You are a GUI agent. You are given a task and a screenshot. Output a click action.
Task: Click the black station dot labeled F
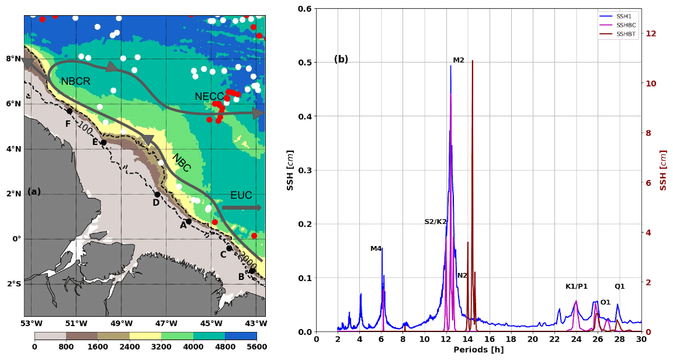(70, 111)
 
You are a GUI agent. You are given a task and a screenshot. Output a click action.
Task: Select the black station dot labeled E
(103, 143)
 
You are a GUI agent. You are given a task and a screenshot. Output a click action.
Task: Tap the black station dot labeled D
(157, 195)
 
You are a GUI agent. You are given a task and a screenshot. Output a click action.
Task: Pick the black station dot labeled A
(189, 221)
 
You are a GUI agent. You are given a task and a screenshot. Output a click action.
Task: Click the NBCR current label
(75, 82)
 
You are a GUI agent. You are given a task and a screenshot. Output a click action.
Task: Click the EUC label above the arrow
(241, 195)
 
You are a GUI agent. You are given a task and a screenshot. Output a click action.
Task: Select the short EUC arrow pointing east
(241, 207)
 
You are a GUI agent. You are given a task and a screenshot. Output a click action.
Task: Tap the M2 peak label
(459, 60)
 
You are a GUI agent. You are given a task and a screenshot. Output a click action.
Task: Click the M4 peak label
(376, 248)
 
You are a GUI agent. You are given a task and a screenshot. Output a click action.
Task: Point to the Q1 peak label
(620, 286)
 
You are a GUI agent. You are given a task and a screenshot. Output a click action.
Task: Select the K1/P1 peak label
(577, 286)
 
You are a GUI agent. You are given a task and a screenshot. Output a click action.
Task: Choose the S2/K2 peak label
(436, 221)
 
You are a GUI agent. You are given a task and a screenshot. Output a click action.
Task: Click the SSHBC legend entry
(626, 25)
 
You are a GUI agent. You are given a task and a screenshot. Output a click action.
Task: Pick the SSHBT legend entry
(626, 34)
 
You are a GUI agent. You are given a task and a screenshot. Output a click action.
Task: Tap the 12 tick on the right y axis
(651, 33)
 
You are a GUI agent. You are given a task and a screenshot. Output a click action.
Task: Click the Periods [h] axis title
(478, 350)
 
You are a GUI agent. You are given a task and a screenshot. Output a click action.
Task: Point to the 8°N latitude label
(13, 58)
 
